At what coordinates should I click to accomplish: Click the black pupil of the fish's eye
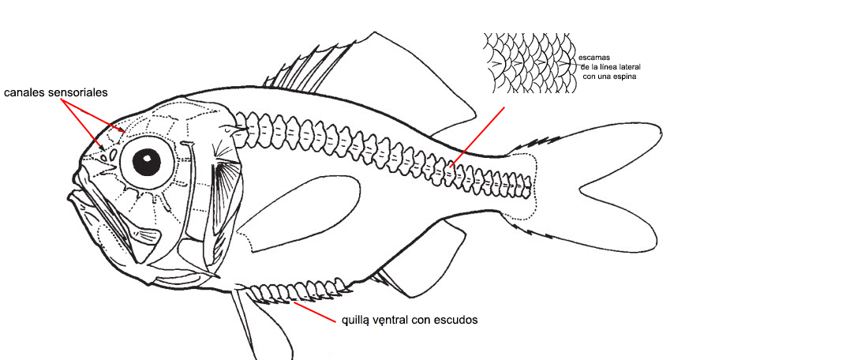coord(146,162)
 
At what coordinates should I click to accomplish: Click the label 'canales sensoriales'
coord(55,92)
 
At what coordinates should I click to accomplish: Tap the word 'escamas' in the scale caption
coord(594,58)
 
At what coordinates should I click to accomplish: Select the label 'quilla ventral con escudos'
coord(409,321)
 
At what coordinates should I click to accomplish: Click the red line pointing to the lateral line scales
coord(477,136)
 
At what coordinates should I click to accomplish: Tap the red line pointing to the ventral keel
coord(316,313)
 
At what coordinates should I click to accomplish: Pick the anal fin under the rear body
coord(422,261)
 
